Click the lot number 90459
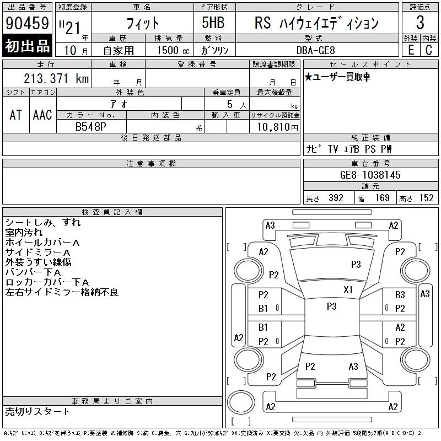point(27,23)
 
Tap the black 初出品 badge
point(27,46)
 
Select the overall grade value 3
point(420,23)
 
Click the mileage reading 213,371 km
point(56,78)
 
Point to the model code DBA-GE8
point(315,50)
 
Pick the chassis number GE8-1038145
point(370,175)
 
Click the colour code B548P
point(90,127)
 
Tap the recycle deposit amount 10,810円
point(277,127)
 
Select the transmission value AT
point(16,115)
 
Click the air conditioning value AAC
point(42,115)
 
